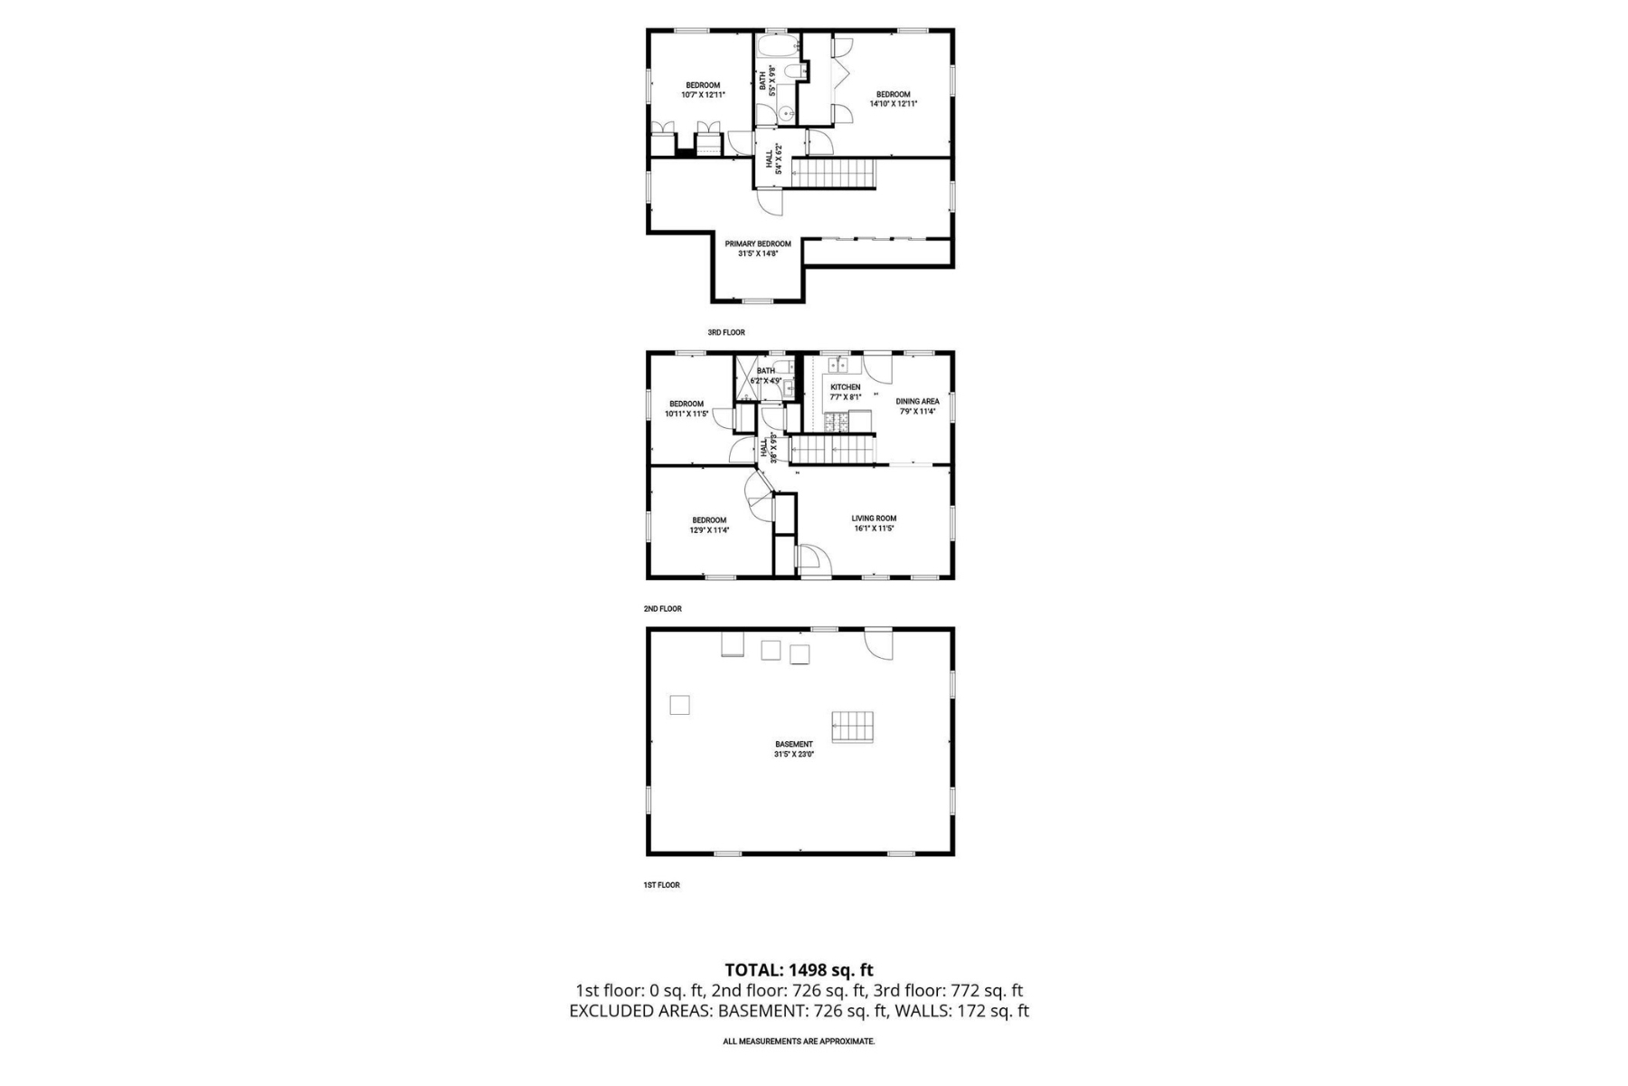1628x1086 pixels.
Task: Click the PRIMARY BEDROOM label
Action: tap(757, 243)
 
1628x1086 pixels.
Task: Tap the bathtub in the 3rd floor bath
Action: tap(777, 47)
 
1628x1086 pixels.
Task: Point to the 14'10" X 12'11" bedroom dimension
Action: tap(893, 104)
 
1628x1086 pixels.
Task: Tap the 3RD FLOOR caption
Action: tap(725, 333)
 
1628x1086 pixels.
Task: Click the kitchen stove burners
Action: tap(836, 421)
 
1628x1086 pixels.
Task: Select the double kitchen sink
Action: tap(838, 365)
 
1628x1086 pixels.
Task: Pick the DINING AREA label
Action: tap(917, 401)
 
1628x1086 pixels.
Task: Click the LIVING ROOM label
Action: tap(874, 519)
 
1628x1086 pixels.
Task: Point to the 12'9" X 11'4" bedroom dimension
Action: tap(709, 530)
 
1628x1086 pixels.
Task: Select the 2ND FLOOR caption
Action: tap(662, 609)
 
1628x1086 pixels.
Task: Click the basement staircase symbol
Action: tap(852, 727)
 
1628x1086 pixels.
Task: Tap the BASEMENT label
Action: tap(793, 744)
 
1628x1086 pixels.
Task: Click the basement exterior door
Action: tap(878, 643)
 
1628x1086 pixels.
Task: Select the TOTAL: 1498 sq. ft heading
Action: tap(799, 971)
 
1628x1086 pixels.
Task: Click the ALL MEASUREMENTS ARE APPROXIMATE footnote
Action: tap(799, 1042)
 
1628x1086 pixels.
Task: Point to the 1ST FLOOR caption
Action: tap(661, 885)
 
